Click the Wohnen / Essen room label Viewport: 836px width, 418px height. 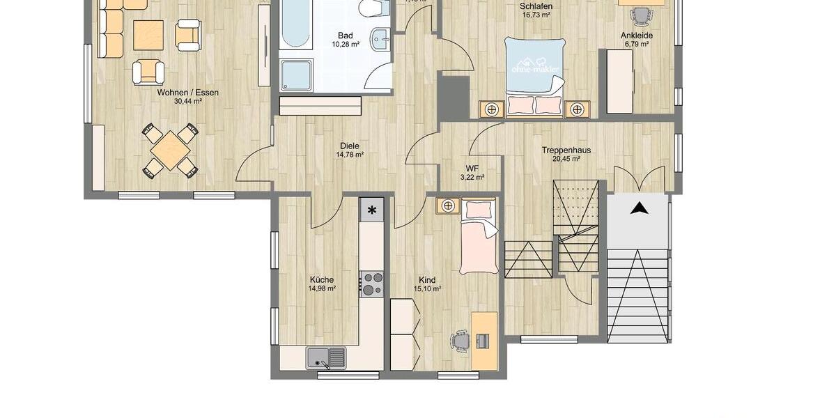click(x=187, y=92)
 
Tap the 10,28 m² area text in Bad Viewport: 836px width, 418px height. click(x=346, y=44)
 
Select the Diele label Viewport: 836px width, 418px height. click(x=350, y=146)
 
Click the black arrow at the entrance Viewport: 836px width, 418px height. click(x=639, y=207)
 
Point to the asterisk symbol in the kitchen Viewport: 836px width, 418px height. click(x=371, y=210)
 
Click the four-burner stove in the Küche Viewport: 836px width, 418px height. click(x=371, y=284)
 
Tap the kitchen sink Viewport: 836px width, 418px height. click(x=325, y=357)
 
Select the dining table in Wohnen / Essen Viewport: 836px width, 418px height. click(x=169, y=150)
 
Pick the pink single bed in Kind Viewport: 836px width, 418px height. click(x=479, y=240)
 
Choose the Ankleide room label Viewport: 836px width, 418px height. click(x=636, y=35)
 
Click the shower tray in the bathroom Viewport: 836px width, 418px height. click(x=296, y=75)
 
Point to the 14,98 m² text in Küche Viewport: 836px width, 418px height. click(x=323, y=288)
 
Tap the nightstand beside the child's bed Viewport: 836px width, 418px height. click(x=448, y=206)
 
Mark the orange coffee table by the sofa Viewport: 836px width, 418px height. click(x=148, y=35)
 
